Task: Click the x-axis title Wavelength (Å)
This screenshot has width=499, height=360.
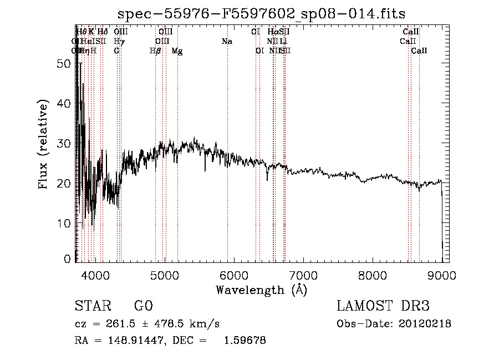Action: point(261,290)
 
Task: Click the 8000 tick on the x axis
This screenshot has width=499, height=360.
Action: point(372,276)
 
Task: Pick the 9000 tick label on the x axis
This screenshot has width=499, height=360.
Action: point(441,276)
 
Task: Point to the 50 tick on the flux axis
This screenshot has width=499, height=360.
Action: point(65,64)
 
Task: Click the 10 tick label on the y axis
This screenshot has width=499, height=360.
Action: point(65,223)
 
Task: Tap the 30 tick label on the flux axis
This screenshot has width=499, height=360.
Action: point(65,143)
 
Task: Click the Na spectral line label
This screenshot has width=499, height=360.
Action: point(226,41)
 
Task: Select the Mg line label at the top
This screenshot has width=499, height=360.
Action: point(177,51)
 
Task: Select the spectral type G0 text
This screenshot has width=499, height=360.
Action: point(143,306)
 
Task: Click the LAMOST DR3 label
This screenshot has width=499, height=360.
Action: point(383,306)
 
